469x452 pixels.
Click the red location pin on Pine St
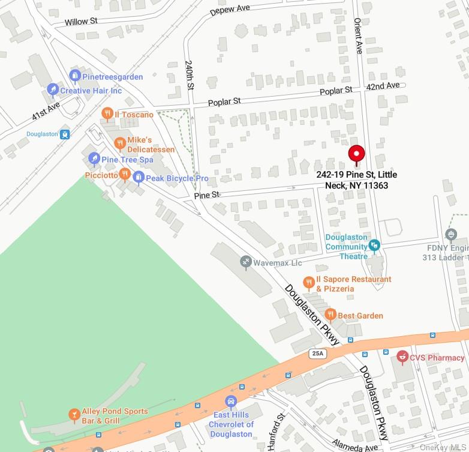pos(357,154)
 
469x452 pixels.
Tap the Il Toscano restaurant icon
pos(107,113)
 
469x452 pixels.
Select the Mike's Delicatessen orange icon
pos(120,143)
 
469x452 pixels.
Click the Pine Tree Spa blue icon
pos(94,159)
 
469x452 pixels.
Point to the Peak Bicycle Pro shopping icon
pos(139,177)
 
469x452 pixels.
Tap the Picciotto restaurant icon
pos(125,174)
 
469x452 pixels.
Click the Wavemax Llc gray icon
pos(245,262)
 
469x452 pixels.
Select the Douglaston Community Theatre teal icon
pos(375,245)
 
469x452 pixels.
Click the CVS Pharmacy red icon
pos(402,357)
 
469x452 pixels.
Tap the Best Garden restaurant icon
pos(330,315)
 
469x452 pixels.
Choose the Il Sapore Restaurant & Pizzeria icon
pos(309,282)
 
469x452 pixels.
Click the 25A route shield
pos(318,354)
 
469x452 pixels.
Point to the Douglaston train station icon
pos(65,134)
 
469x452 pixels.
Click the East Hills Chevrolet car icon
pos(230,402)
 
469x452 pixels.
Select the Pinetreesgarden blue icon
pos(75,76)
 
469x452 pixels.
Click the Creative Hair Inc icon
pos(53,89)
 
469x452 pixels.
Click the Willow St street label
pos(81,22)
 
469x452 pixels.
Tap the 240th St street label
pos(190,74)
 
